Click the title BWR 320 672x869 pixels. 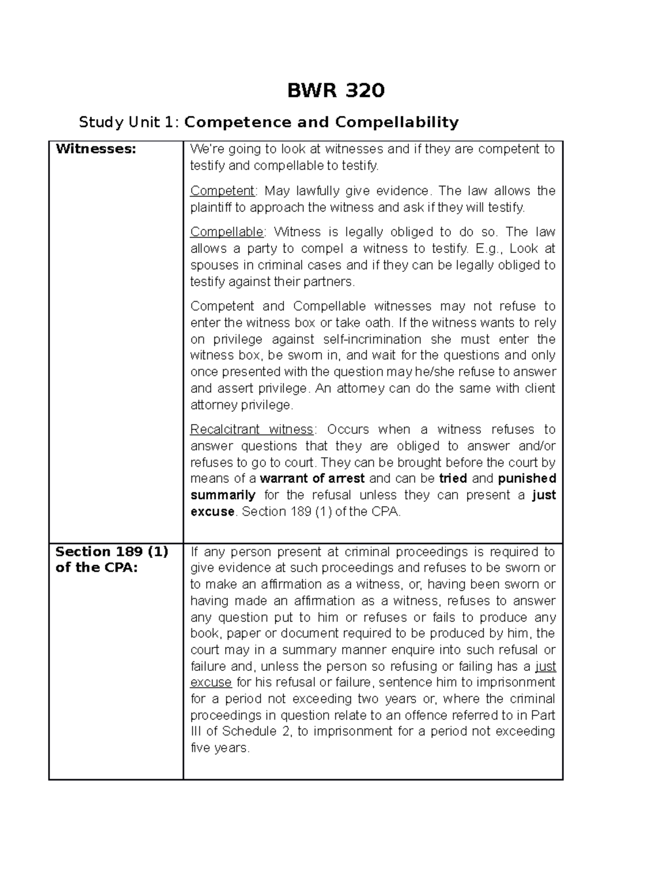pos(335,90)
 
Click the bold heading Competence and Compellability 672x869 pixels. pos(321,122)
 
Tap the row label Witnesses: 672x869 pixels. pos(96,149)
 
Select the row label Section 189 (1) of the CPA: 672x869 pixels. pos(111,560)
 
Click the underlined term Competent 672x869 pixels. pos(222,191)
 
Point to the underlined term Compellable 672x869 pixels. pos(227,232)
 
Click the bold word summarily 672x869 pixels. pos(223,495)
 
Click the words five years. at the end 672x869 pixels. pos(220,748)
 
